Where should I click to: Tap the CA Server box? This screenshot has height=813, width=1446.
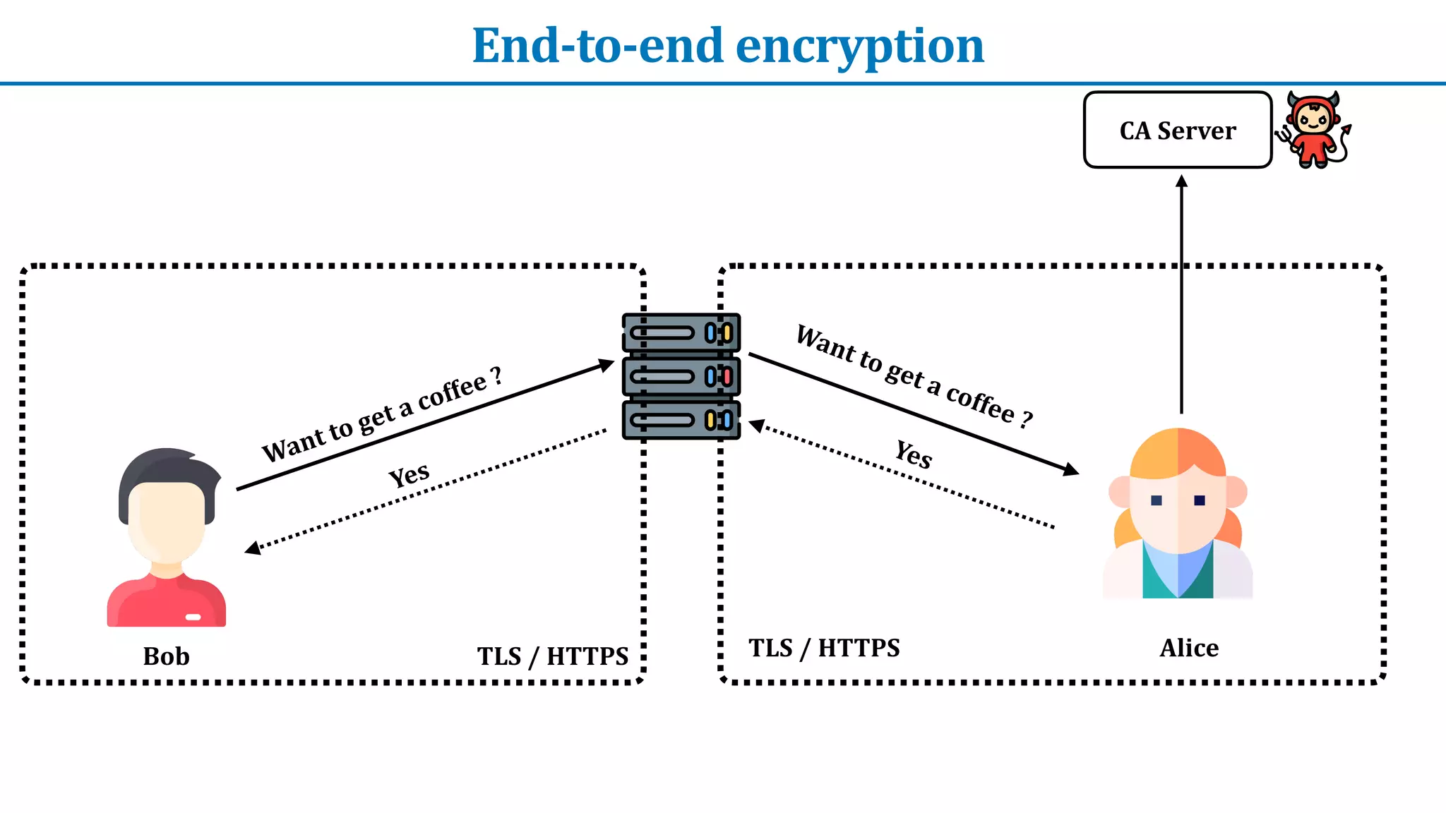click(x=1177, y=131)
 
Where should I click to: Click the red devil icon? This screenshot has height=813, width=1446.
click(x=1314, y=130)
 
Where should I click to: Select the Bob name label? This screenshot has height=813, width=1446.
click(x=166, y=656)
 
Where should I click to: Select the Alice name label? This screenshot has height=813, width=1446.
click(x=1189, y=648)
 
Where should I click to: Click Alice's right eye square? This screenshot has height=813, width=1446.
click(x=1200, y=500)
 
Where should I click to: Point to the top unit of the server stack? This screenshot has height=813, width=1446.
click(x=681, y=332)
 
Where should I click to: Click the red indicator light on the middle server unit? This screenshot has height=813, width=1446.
click(x=727, y=377)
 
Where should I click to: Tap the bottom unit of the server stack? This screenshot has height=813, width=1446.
click(x=681, y=421)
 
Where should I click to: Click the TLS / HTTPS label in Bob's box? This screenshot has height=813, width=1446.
click(x=552, y=656)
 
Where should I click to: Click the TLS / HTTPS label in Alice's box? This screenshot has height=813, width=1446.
click(x=824, y=648)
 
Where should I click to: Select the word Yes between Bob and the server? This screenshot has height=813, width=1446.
click(x=409, y=474)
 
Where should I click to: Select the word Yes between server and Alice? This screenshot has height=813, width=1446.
click(x=914, y=454)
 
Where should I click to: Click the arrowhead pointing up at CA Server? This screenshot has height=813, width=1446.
click(x=1181, y=182)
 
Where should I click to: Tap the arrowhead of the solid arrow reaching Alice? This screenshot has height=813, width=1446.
click(x=1072, y=470)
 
